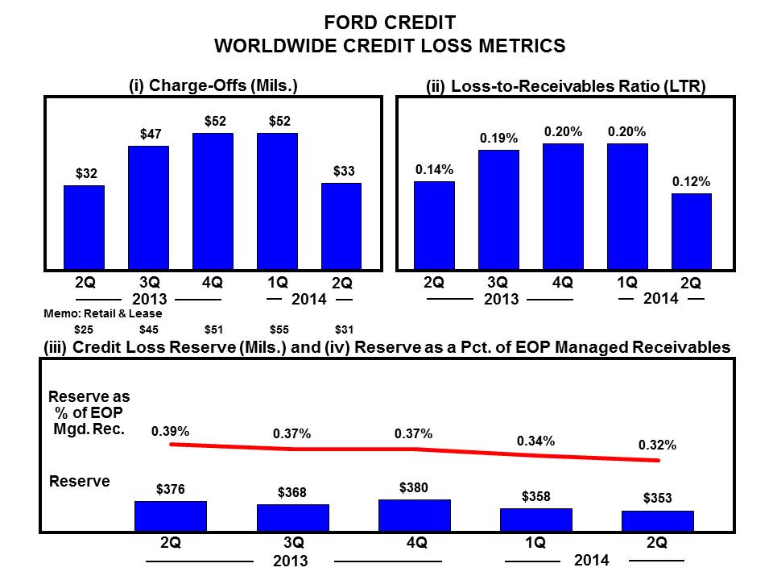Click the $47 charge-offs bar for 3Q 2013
[148, 208]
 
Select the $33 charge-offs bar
[341, 226]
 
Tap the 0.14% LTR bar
[434, 226]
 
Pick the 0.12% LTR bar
[691, 231]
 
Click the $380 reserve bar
[415, 516]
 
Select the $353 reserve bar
[657, 521]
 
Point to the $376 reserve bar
[171, 516]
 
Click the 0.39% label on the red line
[171, 432]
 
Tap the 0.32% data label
[657, 444]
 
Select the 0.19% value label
[498, 139]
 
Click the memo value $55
[277, 329]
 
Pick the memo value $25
[84, 329]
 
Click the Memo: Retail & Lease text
[101, 313]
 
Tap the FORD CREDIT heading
[390, 22]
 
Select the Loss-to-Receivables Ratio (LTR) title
[565, 86]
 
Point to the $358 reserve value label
[535, 496]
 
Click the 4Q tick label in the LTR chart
[562, 282]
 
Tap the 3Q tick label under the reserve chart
[293, 543]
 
